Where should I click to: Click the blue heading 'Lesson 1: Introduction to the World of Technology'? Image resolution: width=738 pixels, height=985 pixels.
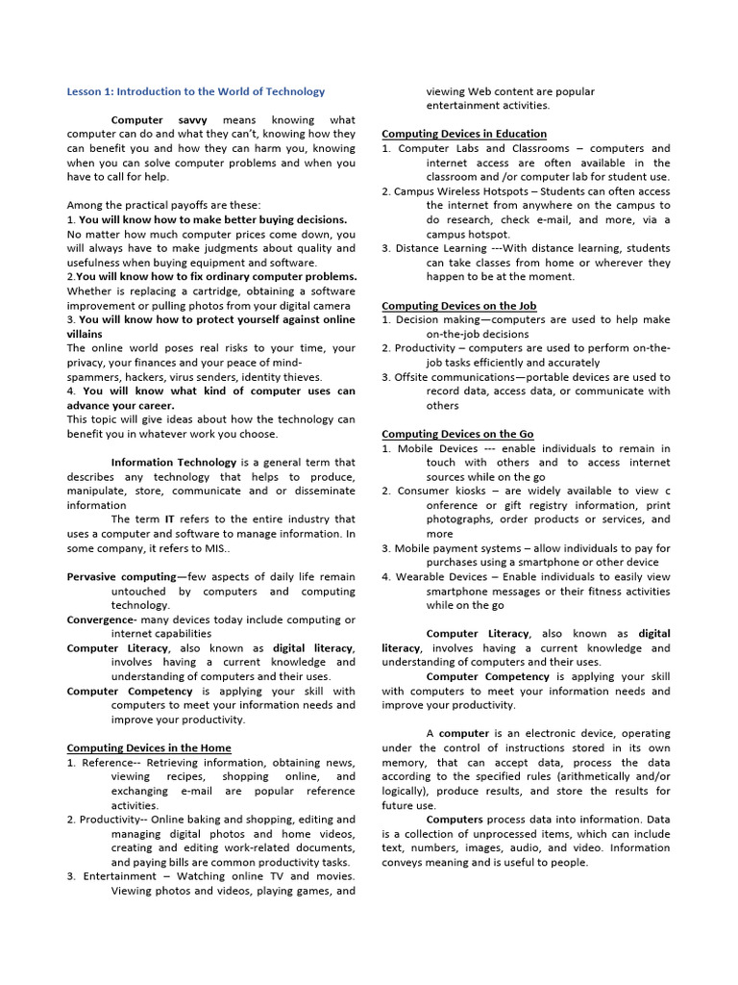[x=196, y=91]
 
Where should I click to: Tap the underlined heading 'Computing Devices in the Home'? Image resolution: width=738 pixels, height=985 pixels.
[x=149, y=747]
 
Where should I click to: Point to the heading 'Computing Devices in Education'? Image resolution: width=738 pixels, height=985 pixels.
[x=464, y=134]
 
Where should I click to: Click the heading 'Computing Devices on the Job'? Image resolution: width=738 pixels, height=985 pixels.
[x=458, y=305]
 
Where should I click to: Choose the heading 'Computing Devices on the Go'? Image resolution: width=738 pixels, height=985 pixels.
[x=457, y=434]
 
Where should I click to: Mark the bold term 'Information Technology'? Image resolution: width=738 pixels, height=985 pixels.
[x=174, y=463]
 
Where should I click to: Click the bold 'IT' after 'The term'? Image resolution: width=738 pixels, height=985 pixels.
[x=170, y=519]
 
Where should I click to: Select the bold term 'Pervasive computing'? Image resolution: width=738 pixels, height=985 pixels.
[x=122, y=577]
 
